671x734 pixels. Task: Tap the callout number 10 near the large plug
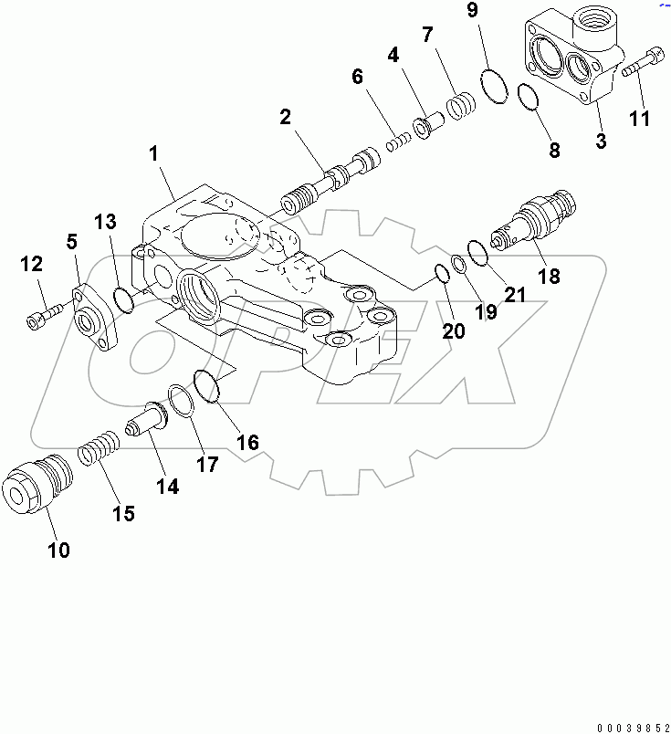pyautogui.click(x=57, y=550)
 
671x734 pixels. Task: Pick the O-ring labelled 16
pyautogui.click(x=206, y=384)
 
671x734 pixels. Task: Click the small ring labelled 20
pyautogui.click(x=439, y=273)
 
